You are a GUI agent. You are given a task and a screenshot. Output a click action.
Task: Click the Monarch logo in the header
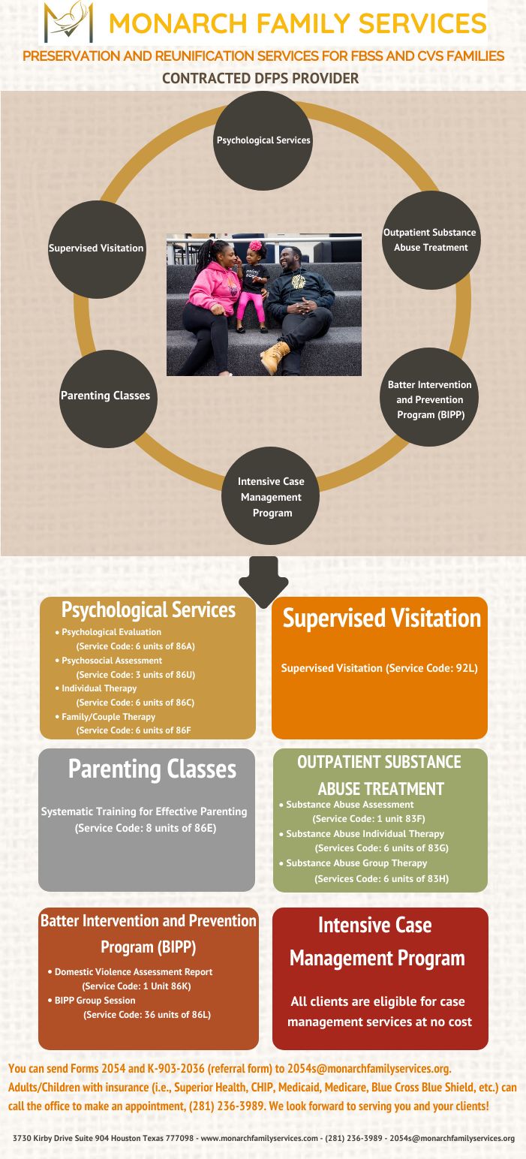[68, 22]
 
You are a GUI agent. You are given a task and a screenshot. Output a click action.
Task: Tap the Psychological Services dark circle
[263, 140]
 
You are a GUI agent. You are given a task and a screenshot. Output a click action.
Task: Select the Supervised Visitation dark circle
[97, 249]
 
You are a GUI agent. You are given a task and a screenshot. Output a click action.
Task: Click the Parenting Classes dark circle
[107, 399]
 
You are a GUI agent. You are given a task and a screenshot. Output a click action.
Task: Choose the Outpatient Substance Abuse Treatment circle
[431, 240]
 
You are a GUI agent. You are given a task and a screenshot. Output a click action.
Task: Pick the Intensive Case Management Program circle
[270, 495]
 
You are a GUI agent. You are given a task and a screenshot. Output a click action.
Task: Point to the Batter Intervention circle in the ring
[429, 397]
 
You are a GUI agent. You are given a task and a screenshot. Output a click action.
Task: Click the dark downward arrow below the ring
[263, 582]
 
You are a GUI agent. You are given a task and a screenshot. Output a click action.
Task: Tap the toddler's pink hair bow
[256, 245]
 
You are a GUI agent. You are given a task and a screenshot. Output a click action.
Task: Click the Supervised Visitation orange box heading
[382, 618]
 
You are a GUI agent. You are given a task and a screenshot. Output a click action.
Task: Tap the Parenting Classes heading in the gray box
[152, 769]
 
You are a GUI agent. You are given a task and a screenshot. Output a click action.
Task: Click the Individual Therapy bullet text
[99, 688]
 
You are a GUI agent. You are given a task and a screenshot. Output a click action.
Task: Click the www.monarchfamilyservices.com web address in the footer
[259, 1138]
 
